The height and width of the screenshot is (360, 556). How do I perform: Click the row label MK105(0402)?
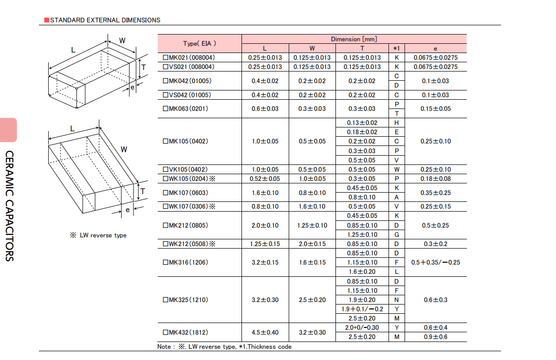point(185,141)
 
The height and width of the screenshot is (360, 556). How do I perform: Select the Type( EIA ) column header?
point(200,44)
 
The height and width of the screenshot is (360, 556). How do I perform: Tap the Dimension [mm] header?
point(354,39)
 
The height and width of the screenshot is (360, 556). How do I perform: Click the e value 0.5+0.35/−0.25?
point(435,263)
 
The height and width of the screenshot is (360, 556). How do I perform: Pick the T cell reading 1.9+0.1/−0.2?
point(362,309)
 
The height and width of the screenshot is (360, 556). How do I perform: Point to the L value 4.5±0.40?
point(265,332)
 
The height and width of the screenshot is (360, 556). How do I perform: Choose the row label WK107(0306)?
point(189,206)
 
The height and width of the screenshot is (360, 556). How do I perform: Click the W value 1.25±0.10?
point(312,225)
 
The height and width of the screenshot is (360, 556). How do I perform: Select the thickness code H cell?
point(396,123)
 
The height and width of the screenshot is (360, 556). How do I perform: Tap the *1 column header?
point(396,49)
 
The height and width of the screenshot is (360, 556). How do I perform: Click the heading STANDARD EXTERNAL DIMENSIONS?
point(105,20)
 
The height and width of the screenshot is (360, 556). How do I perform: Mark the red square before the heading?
point(46,20)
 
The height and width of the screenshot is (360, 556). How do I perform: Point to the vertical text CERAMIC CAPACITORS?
point(10,206)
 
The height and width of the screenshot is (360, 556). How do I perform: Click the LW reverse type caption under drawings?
point(98,235)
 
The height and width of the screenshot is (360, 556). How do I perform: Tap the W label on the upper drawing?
point(122,40)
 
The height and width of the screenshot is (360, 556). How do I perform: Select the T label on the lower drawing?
point(143,191)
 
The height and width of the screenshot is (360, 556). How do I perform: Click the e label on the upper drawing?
point(132,87)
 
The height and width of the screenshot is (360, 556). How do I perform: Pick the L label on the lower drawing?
point(73,128)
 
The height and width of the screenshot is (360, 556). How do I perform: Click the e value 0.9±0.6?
point(435,337)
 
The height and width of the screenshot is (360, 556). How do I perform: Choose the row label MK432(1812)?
point(185,332)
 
